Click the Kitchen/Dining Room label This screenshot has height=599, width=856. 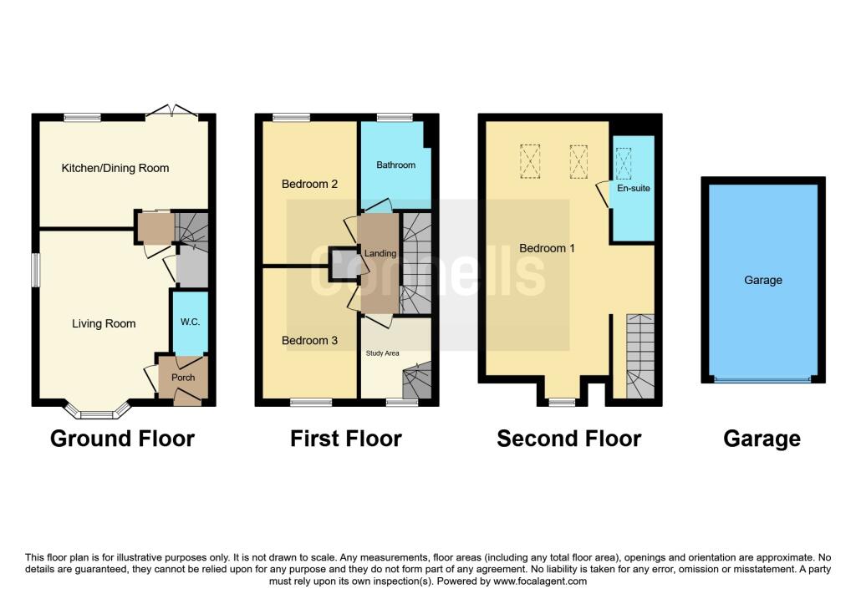point(115,168)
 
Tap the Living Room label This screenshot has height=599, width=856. point(104,323)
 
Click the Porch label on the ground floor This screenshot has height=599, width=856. point(183,378)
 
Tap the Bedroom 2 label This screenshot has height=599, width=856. point(309,184)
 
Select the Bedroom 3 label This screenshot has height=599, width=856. point(309,340)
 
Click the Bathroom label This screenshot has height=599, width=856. point(395,165)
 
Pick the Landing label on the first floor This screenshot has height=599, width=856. point(380,253)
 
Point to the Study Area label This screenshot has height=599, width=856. point(382,353)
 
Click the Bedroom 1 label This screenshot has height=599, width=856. point(547,248)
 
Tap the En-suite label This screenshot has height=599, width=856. point(632,189)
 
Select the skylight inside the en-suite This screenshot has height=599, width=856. point(624,163)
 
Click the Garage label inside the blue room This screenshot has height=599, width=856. point(762,280)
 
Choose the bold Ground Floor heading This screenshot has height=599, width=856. point(122,439)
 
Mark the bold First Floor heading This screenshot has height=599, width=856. point(345,439)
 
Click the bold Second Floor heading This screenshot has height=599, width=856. point(568,439)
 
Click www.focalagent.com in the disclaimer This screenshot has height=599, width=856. point(540,581)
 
